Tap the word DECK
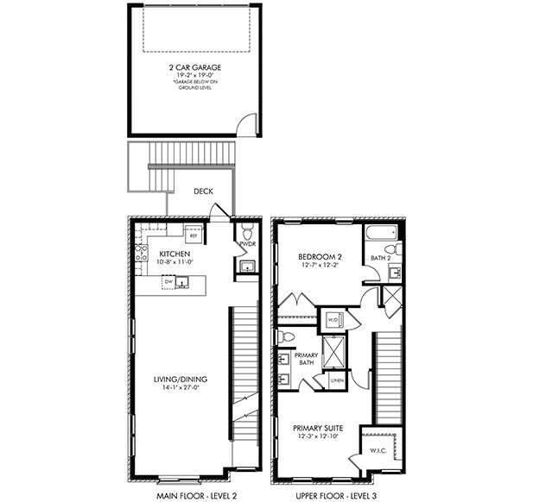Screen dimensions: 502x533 coord(203,191)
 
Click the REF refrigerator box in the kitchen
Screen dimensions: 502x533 coord(193,235)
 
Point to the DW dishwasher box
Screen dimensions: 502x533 coord(169,281)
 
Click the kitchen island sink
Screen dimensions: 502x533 coord(182,281)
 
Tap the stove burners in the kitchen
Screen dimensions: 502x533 coord(142,253)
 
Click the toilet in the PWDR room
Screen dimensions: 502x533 coord(247,232)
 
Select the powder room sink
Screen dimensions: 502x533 coord(247,267)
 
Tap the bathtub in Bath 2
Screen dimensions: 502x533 coord(380,233)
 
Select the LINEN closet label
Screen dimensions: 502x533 coord(336,380)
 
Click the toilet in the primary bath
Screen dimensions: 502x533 coord(286,336)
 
